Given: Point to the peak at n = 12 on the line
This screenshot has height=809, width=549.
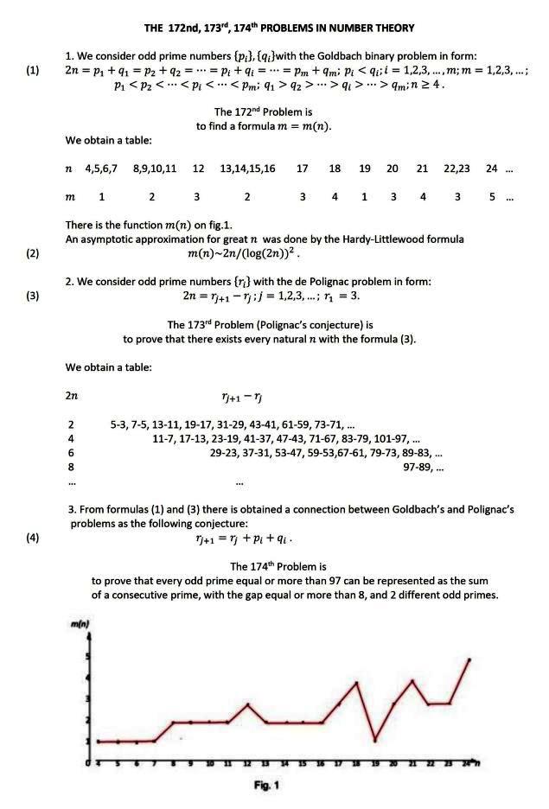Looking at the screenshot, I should click(x=247, y=704).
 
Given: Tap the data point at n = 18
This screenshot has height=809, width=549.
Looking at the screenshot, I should click(x=356, y=683).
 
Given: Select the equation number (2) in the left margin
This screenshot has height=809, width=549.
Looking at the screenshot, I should click(x=33, y=253).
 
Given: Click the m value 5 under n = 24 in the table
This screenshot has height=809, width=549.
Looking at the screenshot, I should click(x=492, y=197).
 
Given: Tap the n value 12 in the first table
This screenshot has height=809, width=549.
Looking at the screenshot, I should click(x=199, y=169).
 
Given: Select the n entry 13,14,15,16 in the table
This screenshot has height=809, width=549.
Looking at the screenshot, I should click(x=248, y=169).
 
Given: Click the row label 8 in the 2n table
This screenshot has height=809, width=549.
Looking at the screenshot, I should click(x=70, y=467).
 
